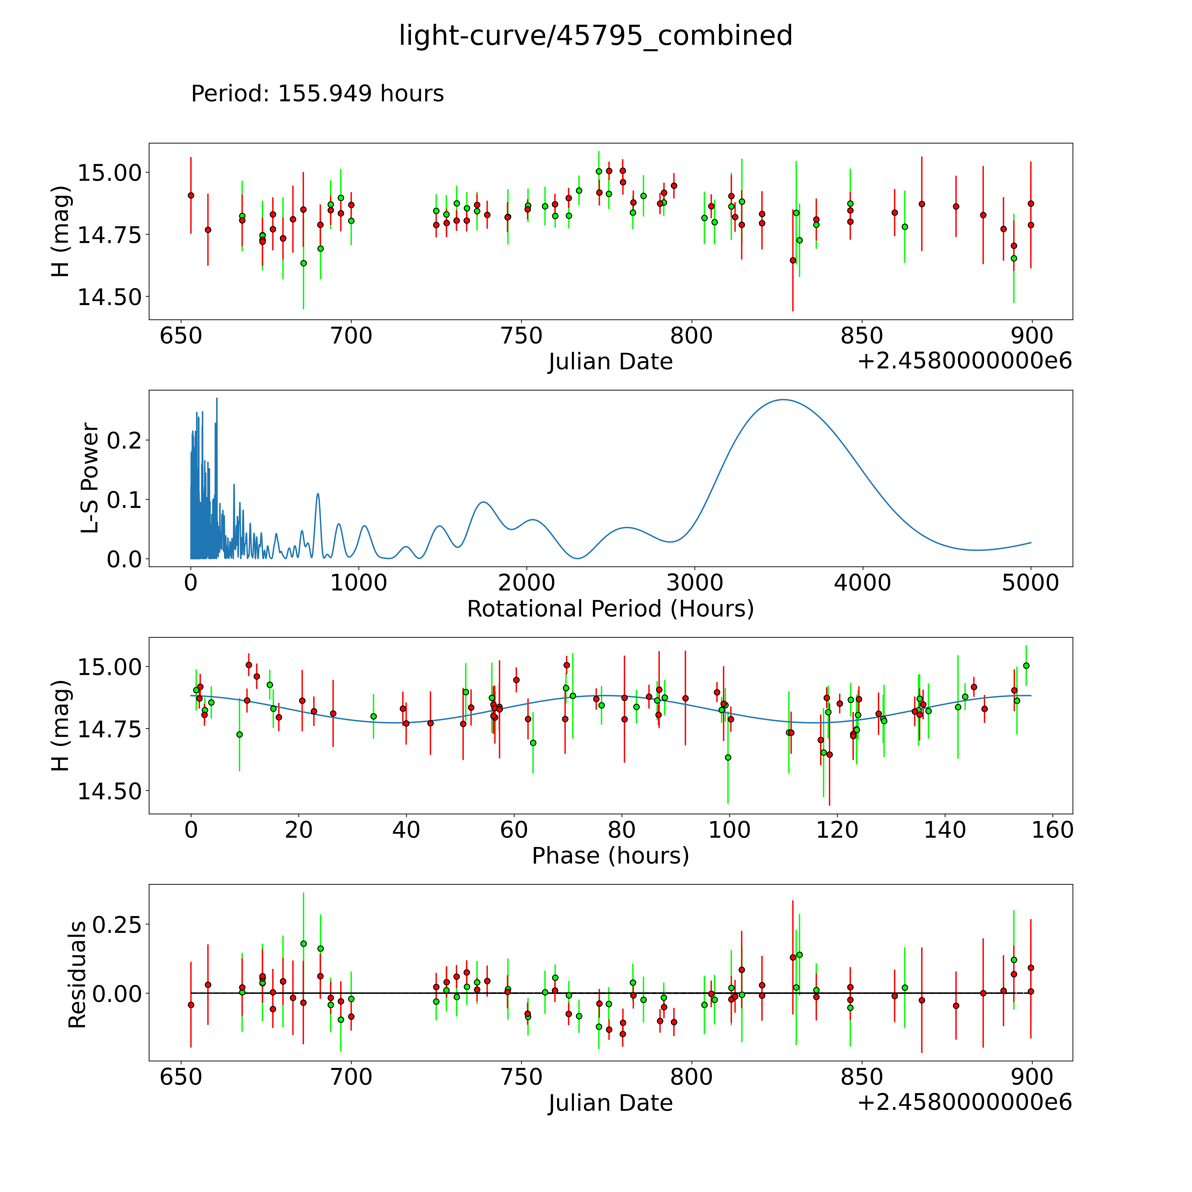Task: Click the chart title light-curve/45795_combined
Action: pyautogui.click(x=595, y=36)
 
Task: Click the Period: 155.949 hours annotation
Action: pyautogui.click(x=317, y=94)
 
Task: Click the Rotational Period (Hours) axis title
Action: pyautogui.click(x=610, y=609)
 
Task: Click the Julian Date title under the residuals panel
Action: pyautogui.click(x=610, y=1103)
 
